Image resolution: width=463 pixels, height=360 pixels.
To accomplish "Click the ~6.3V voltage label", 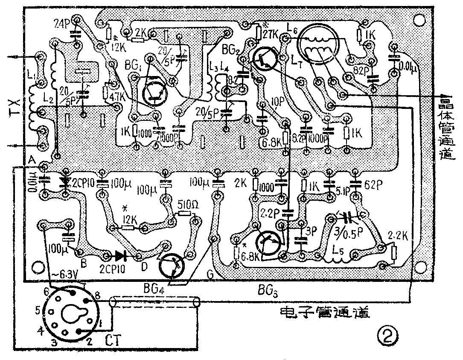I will point(63,274).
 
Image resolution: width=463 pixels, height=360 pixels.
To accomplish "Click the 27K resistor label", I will point(271,33).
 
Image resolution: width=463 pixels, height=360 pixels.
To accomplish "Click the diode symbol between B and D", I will point(120,256).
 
